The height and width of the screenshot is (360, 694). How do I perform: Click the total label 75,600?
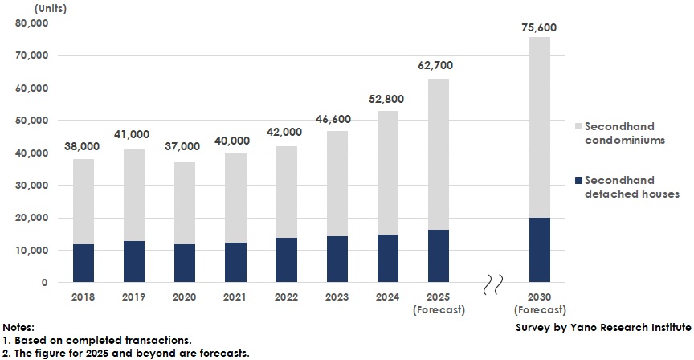(x=539, y=28)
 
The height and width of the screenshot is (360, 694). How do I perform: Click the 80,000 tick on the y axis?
(x=32, y=23)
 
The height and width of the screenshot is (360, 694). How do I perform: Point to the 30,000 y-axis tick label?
(x=32, y=186)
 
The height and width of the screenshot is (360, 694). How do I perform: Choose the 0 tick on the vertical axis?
(x=44, y=283)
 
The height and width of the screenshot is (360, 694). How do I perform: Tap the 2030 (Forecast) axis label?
(x=539, y=302)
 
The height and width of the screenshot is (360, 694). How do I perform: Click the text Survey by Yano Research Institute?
(x=602, y=327)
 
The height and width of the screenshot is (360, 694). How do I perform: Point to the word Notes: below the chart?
(x=18, y=328)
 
